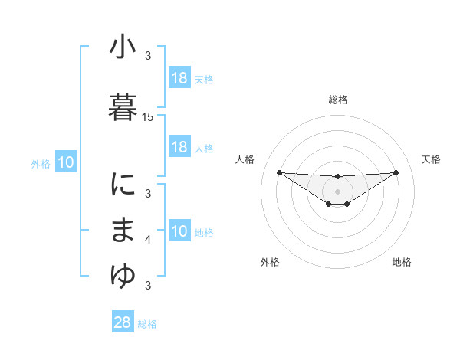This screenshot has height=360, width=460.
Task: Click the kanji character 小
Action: click(123, 47)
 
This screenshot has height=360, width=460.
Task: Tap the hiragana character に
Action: click(123, 185)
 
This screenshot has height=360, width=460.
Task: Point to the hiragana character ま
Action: click(123, 231)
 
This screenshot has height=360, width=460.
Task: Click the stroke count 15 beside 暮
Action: click(148, 117)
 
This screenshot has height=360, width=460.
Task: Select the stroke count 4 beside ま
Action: click(148, 241)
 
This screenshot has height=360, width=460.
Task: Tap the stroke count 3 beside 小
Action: click(148, 56)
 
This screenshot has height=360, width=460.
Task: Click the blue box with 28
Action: click(123, 322)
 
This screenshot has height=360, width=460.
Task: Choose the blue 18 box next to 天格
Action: click(179, 78)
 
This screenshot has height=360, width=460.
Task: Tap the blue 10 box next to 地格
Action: click(179, 231)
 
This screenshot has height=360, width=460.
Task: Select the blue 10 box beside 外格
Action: click(66, 162)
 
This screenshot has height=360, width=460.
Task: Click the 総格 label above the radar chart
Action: click(338, 100)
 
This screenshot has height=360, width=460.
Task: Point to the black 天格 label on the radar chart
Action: click(432, 159)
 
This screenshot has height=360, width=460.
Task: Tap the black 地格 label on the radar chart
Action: click(402, 262)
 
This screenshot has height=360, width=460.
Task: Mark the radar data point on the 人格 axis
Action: click(279, 172)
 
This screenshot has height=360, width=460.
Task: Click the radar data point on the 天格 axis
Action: click(396, 172)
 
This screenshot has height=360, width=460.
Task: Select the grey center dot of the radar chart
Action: click(338, 191)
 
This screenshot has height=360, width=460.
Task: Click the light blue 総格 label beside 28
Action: click(147, 324)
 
